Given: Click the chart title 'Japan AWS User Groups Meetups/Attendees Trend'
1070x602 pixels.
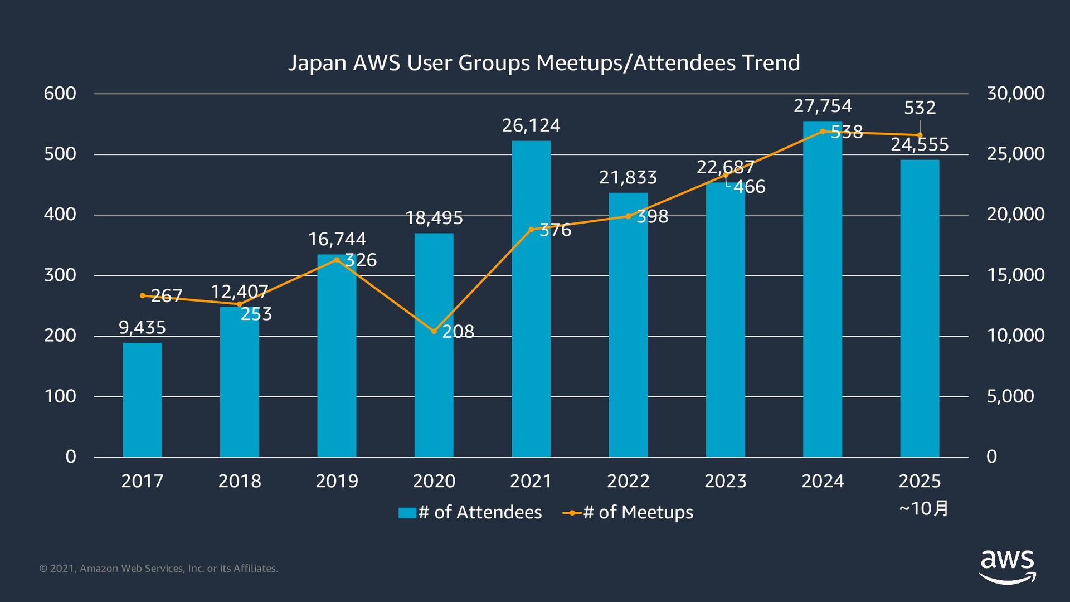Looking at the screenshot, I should (x=544, y=62).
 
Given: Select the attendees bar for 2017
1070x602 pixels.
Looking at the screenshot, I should (x=142, y=400).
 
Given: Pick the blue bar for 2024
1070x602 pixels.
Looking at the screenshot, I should (x=823, y=290).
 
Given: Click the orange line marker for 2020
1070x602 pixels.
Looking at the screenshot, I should (x=434, y=331).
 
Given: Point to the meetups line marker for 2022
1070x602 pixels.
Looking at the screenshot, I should (x=628, y=216).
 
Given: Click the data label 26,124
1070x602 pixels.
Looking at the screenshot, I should (x=531, y=125).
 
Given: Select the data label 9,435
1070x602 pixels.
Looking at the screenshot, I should (x=142, y=327).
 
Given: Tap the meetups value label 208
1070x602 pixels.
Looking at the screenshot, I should (x=458, y=332).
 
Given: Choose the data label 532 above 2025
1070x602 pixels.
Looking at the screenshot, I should (x=920, y=108).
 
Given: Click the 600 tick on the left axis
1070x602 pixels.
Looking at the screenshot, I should (x=60, y=93).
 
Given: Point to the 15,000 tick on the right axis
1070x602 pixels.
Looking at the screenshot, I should (x=1015, y=275).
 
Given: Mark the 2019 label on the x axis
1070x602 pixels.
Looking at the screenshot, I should (x=337, y=481).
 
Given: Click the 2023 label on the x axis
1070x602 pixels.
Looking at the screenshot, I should (x=725, y=481).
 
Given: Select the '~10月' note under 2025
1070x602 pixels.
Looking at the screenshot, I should (x=923, y=508).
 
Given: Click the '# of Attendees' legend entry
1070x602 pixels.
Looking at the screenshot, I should (x=471, y=512).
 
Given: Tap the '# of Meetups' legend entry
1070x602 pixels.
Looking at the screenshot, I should (x=629, y=512).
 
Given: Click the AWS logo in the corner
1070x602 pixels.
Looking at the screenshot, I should (x=1007, y=566).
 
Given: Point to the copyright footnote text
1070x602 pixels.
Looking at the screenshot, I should (x=159, y=569).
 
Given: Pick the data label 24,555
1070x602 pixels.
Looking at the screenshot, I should (x=920, y=144).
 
